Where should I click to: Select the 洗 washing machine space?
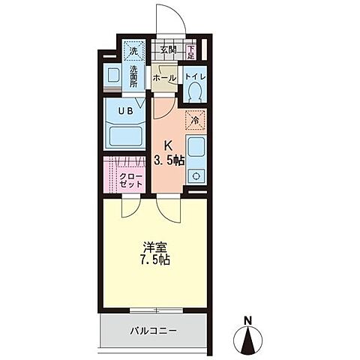(133, 52)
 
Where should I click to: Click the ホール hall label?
(164, 77)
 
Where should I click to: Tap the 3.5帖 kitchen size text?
(171, 160)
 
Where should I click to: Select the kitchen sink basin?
(196, 147)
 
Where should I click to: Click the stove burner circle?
(196, 177)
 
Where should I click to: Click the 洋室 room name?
(154, 247)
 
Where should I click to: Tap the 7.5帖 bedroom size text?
(154, 262)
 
